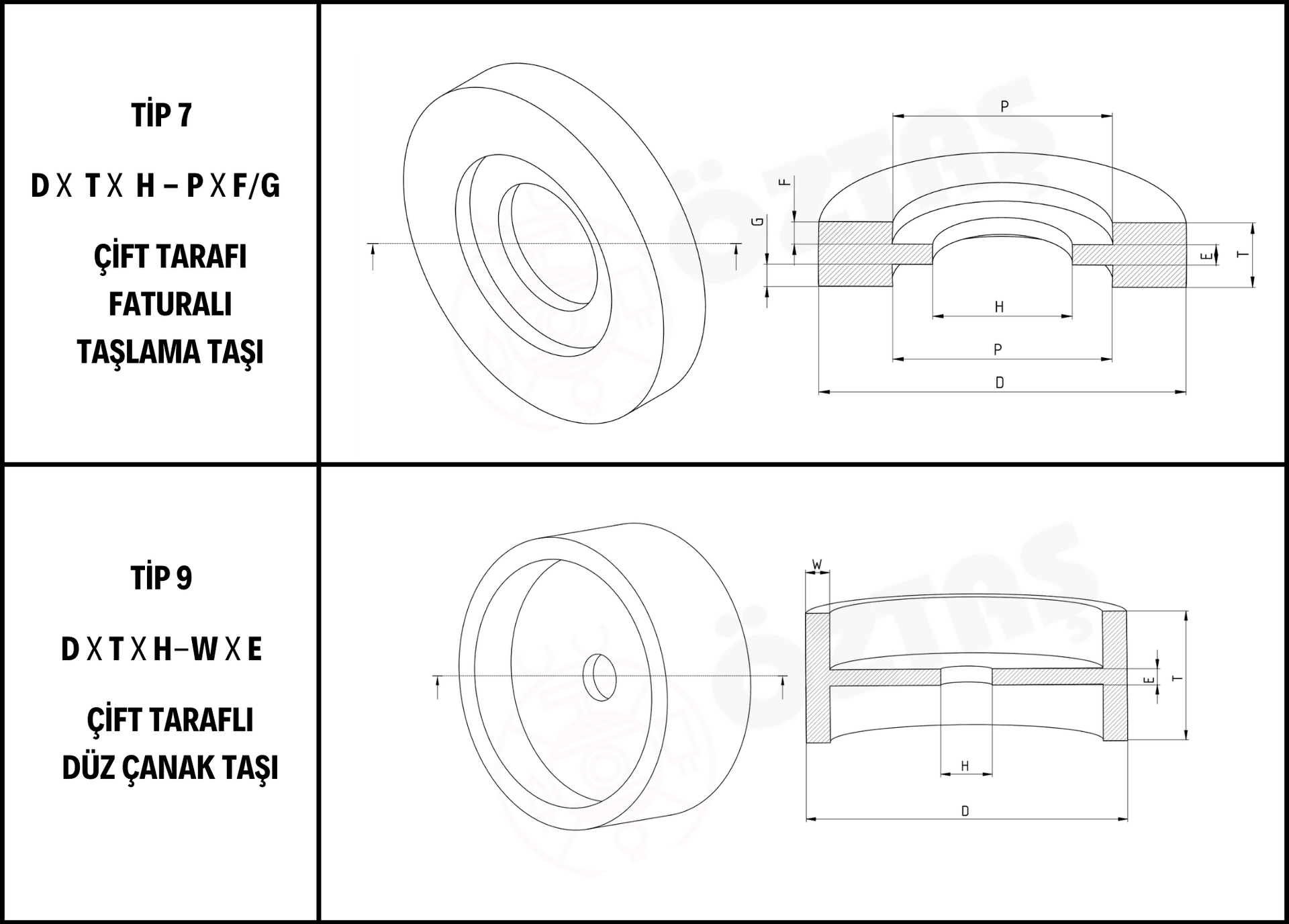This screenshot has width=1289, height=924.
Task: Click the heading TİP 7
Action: point(161,114)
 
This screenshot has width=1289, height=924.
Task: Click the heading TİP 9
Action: point(161,577)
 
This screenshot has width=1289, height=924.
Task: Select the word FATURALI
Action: point(171,304)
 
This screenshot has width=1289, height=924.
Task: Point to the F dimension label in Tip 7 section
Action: point(784,182)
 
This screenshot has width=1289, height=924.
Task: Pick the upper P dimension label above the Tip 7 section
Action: point(1004,106)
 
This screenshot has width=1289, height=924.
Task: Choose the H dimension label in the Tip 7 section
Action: point(1000,307)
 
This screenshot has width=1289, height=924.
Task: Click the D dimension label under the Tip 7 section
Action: point(1000,383)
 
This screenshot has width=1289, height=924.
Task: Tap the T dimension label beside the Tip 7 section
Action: point(1243,255)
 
